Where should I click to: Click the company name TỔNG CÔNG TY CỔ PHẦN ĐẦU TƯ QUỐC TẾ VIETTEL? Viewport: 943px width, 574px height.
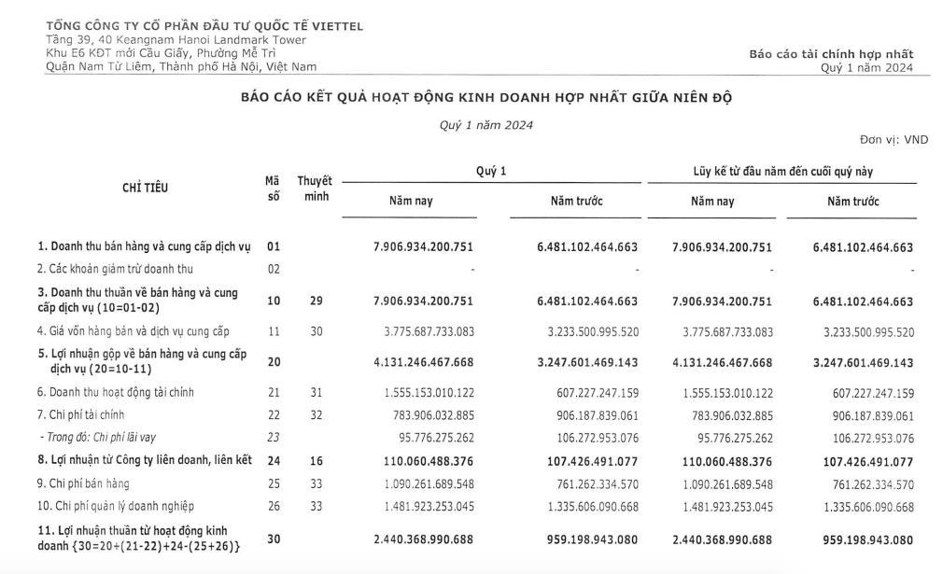click(204, 26)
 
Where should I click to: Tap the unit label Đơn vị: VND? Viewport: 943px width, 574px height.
click(894, 139)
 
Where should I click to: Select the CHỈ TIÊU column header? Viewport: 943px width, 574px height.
click(146, 188)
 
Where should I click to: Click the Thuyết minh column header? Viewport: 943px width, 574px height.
click(315, 188)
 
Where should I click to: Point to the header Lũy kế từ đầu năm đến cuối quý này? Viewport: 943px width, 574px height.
click(795, 172)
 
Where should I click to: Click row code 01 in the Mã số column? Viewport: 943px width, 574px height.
click(274, 247)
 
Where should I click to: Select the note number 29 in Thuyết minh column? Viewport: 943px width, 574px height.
click(316, 301)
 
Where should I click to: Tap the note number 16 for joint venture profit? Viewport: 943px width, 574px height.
click(316, 461)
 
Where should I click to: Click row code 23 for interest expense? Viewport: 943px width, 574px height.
click(274, 437)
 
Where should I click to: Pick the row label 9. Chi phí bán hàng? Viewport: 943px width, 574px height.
click(83, 483)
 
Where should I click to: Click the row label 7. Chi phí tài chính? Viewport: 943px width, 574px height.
click(81, 414)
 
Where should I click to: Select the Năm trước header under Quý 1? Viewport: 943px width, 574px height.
click(576, 201)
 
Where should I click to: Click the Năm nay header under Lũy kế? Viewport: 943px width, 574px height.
click(712, 201)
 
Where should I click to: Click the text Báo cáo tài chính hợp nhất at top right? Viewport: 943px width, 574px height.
click(830, 54)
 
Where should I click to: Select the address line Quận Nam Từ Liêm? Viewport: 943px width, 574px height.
click(181, 66)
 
